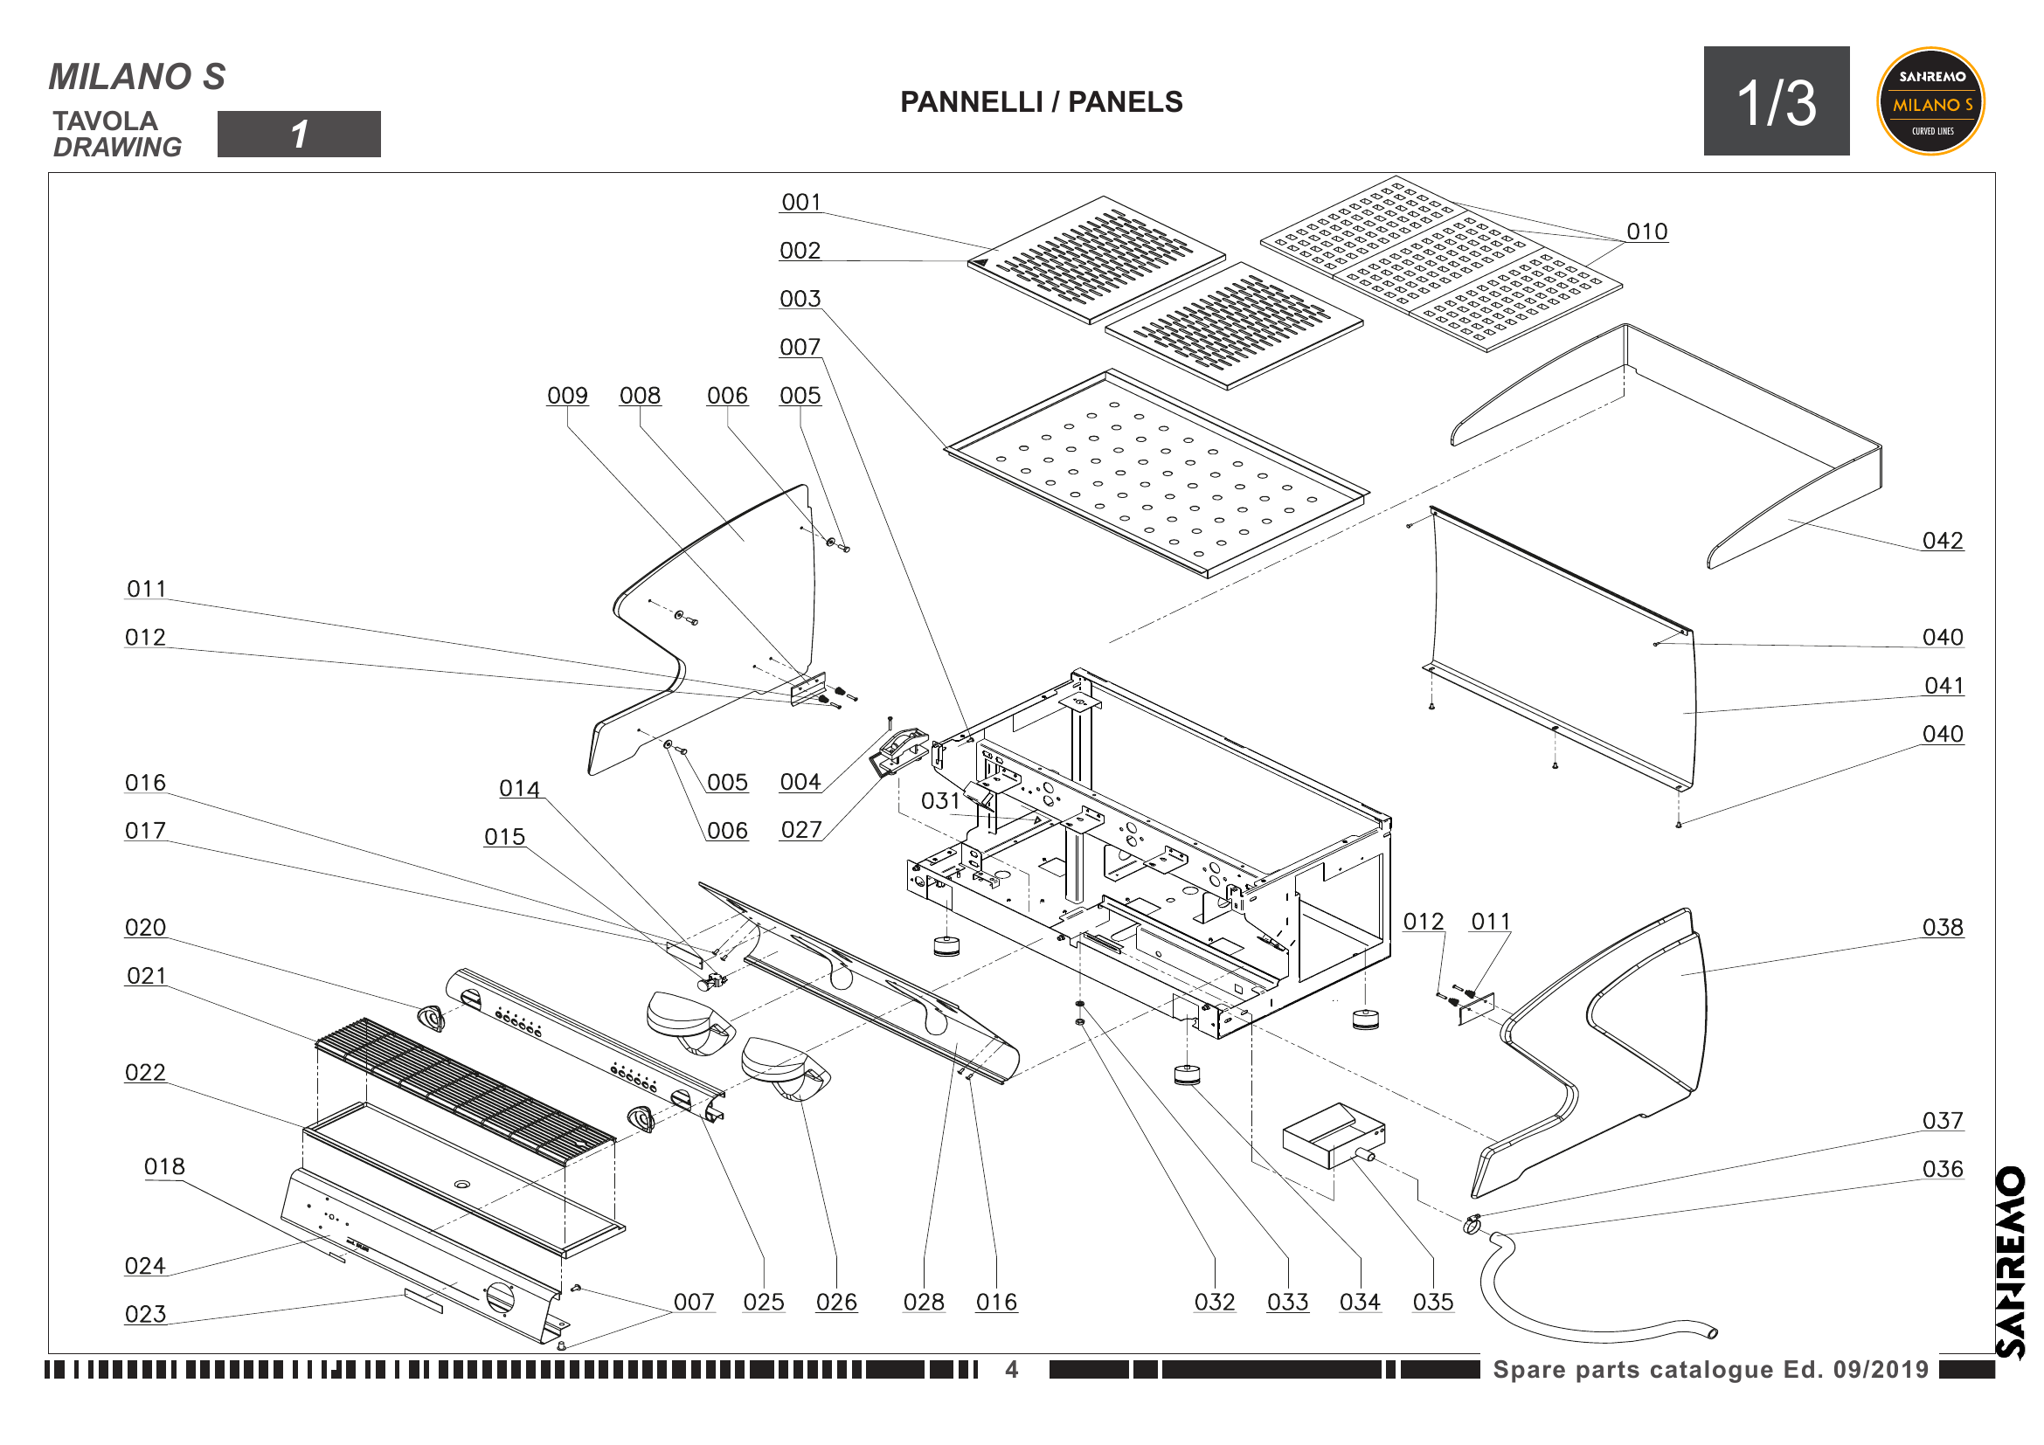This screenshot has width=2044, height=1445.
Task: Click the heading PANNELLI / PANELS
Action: tap(1041, 102)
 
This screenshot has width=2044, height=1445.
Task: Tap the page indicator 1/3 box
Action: tap(1775, 101)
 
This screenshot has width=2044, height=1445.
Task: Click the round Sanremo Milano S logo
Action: tap(1930, 101)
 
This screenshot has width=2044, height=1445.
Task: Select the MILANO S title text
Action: tap(137, 77)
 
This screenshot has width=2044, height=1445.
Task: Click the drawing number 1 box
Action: tap(298, 135)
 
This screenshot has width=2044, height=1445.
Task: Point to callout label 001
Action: tap(800, 203)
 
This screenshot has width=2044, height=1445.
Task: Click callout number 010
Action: tap(1646, 232)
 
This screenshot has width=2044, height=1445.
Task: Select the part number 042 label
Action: tap(1942, 541)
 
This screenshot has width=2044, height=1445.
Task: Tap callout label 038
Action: tap(1942, 928)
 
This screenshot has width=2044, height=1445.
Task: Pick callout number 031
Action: tap(940, 802)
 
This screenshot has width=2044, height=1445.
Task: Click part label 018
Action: tap(164, 1166)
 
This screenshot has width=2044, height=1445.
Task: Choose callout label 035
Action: tap(1432, 1303)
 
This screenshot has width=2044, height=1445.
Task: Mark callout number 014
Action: tap(519, 789)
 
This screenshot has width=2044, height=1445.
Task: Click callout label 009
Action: tap(567, 396)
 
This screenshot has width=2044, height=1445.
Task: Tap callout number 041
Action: tap(1944, 686)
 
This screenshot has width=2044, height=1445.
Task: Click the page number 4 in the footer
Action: tap(1011, 1369)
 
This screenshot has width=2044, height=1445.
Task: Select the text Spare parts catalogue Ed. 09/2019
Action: tap(1710, 1369)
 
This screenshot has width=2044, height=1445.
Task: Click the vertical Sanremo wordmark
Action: tap(2010, 1262)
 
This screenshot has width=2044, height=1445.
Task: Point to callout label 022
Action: tap(145, 1073)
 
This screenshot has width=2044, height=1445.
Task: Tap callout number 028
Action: tap(923, 1303)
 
